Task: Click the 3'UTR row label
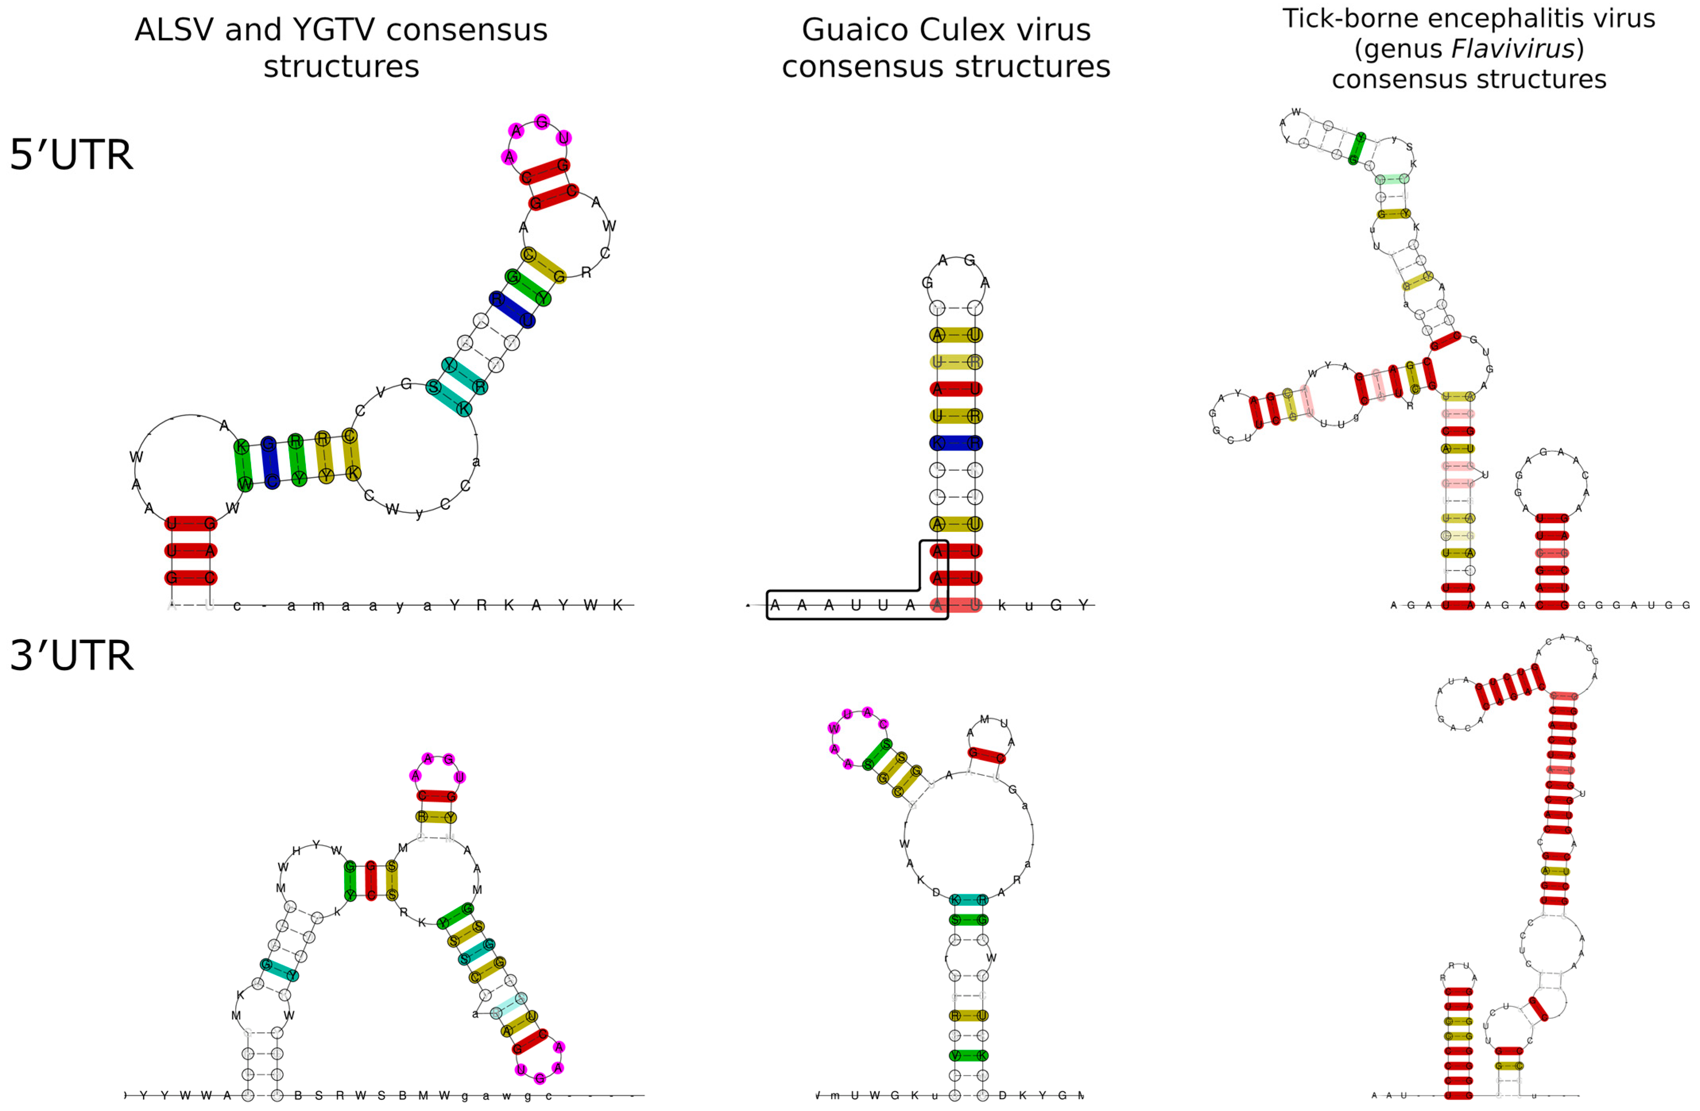tap(72, 655)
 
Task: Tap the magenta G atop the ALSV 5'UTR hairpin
tap(542, 122)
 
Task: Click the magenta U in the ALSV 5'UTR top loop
tap(564, 138)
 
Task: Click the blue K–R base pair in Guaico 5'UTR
tap(956, 442)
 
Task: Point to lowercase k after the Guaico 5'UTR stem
tap(1002, 605)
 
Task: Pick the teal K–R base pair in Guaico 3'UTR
tap(969, 900)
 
